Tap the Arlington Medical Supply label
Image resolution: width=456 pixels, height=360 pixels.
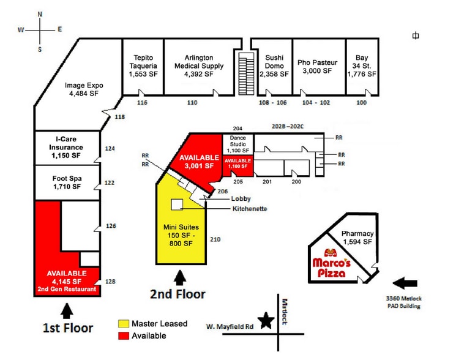(199, 66)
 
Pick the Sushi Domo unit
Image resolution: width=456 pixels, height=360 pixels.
(273, 66)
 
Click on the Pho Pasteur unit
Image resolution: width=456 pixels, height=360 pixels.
(318, 66)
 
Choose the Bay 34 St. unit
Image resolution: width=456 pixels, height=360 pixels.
(362, 66)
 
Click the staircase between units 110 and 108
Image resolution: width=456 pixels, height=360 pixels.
(247, 72)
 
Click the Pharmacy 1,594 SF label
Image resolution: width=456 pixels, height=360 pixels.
(357, 238)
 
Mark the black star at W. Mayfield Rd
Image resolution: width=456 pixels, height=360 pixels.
(266, 321)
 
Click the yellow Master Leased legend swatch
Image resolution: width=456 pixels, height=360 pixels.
(125, 323)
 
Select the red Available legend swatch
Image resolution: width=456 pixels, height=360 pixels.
(125, 336)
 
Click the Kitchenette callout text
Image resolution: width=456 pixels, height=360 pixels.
(249, 209)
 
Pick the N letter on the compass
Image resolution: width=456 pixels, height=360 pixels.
(40, 13)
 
